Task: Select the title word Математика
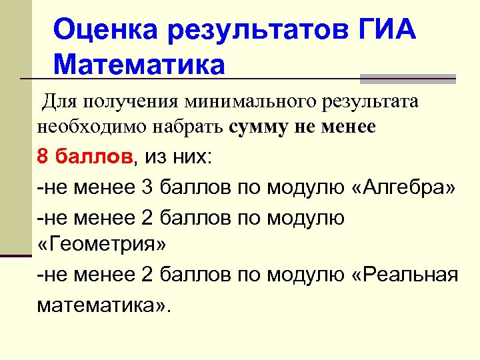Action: [139, 65]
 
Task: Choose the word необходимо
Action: [84, 127]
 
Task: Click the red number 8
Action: [43, 157]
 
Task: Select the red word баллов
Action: [95, 157]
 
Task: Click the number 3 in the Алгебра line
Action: [147, 188]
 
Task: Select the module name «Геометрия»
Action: [101, 244]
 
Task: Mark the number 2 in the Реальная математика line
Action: [147, 275]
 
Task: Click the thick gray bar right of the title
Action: [407, 78]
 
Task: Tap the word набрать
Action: [189, 127]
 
